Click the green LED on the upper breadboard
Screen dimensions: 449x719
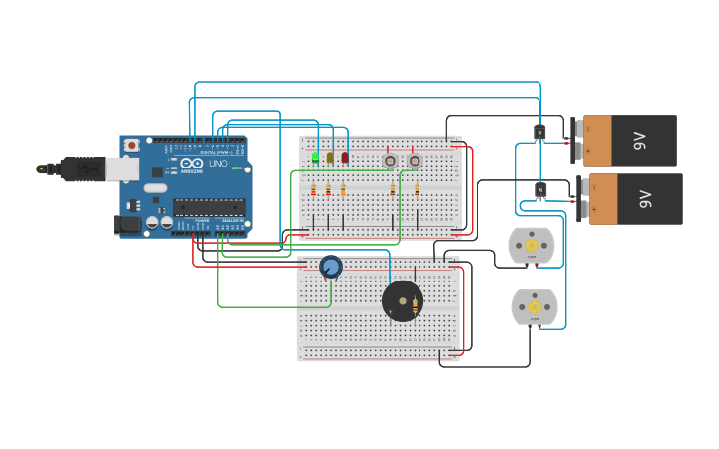[x=315, y=157]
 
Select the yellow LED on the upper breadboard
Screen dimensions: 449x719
[x=330, y=157]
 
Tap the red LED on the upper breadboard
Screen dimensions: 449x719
[x=345, y=157]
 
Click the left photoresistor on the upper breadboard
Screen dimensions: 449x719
[x=390, y=160]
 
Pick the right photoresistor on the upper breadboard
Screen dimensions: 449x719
[x=415, y=160]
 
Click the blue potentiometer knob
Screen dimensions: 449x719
[x=331, y=266]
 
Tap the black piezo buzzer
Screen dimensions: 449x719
[x=402, y=300]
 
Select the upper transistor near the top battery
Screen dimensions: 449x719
[x=539, y=133]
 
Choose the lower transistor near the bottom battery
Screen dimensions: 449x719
[x=540, y=189]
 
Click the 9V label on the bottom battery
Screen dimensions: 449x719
[x=645, y=199]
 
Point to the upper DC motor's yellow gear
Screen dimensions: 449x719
[x=531, y=245]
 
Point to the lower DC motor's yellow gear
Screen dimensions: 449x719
[x=535, y=307]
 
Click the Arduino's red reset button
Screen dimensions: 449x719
[x=131, y=145]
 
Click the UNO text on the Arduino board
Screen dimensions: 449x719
[x=218, y=163]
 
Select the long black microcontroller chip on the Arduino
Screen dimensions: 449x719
[x=208, y=207]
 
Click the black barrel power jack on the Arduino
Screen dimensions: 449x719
[x=129, y=226]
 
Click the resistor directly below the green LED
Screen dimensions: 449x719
[x=314, y=189]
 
